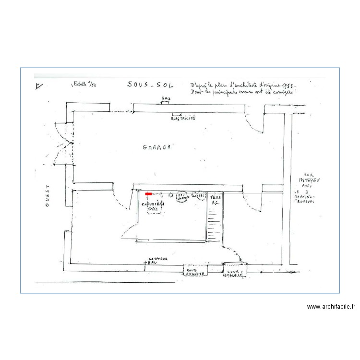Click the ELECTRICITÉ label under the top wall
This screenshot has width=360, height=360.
coord(183,118)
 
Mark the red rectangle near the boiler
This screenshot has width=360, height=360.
coord(148,194)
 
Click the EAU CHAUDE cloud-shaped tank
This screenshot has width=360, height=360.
coord(182,197)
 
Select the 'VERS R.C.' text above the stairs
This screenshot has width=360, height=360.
coord(214,199)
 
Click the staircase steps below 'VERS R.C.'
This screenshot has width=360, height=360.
coord(214,226)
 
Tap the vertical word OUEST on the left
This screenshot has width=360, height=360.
coord(48,196)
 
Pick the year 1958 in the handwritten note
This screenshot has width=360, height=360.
coord(285,84)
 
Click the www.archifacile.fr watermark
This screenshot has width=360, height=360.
coord(331,306)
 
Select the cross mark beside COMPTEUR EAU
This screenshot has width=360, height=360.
coord(144,263)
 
